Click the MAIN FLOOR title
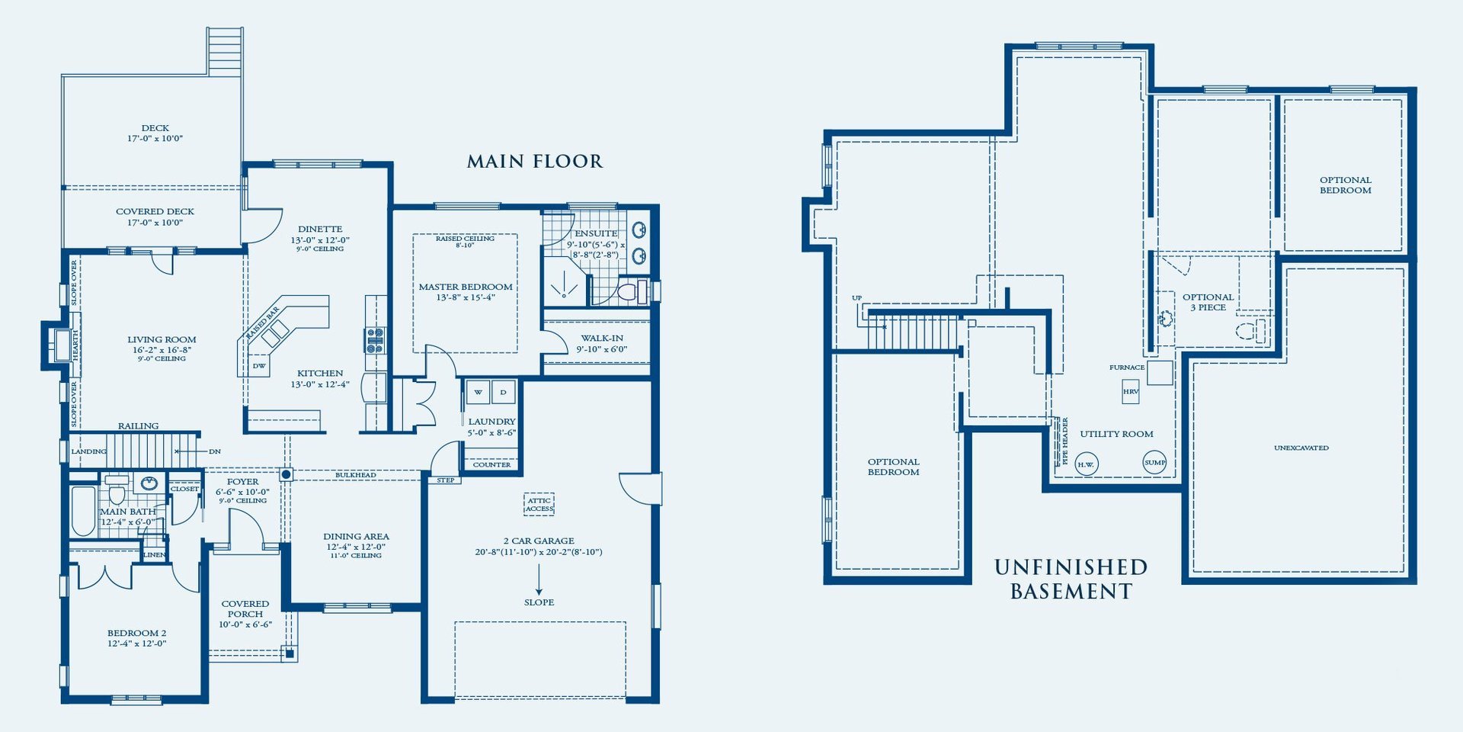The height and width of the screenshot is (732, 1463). coord(534,162)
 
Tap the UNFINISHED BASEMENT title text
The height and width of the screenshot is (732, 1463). coord(1071,579)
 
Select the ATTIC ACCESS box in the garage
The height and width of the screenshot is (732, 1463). coord(539,504)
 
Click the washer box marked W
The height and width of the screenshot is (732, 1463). coord(478,392)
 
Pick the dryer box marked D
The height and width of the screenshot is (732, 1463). coord(503,392)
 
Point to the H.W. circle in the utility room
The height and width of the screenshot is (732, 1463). coord(1086,464)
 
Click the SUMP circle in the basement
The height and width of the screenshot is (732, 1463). coord(1154,462)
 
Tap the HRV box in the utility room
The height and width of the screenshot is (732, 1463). coord(1131,391)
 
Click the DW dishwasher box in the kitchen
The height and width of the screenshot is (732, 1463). coord(260,366)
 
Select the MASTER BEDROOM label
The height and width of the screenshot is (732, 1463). coord(466,287)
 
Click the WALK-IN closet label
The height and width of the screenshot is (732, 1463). coord(602,338)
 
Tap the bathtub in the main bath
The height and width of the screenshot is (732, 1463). coord(83,510)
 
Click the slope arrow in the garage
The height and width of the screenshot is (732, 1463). coord(539,579)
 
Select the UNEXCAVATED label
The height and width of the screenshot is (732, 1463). coord(1301,448)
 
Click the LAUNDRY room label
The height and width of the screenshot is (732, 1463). coord(491,421)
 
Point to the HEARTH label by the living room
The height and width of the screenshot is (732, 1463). coord(75,345)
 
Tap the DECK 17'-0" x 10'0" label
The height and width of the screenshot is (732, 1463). coord(155,133)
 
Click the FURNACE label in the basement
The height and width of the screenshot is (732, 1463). coord(1127,368)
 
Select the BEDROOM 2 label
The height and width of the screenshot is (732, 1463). coord(136,633)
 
